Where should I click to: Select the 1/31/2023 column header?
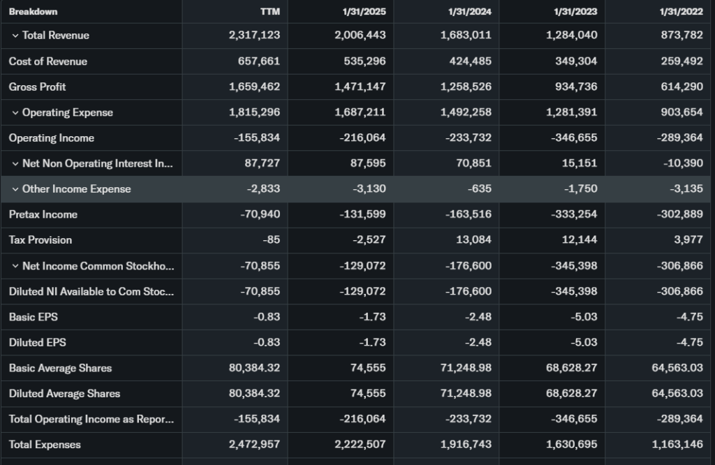576,11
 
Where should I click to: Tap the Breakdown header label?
34,11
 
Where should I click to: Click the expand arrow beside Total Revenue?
15,36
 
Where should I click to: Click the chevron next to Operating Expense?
15,112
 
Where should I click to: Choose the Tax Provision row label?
40,239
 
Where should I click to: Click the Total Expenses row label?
45,444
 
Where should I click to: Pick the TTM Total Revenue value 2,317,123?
254,36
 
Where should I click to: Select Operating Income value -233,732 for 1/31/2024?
468,138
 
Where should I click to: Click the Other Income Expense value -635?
481,189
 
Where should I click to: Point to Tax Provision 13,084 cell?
475,239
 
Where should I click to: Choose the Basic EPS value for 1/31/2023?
584,316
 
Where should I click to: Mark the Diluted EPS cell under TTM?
267,342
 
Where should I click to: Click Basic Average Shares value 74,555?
368,368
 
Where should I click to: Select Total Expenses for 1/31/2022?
677,444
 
